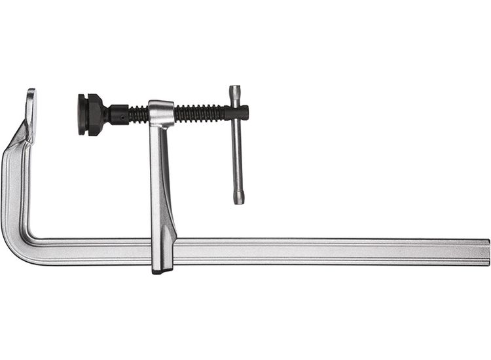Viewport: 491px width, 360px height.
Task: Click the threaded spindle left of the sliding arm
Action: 137,115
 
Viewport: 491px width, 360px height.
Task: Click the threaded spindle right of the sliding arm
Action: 200,113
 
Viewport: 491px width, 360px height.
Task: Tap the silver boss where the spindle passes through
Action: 161,113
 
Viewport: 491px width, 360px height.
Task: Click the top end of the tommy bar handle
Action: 235,90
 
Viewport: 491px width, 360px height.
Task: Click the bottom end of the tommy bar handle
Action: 239,199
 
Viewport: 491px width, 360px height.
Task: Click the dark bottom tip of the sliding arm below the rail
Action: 162,269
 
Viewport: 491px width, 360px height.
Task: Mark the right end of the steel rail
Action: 486,251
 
